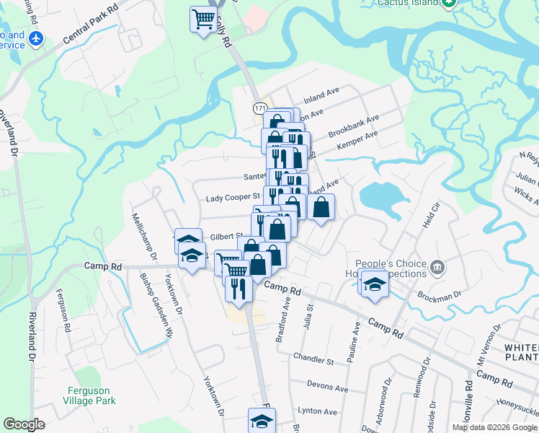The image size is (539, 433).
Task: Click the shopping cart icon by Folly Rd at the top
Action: [x=204, y=18]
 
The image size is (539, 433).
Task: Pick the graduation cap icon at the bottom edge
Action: [x=262, y=421]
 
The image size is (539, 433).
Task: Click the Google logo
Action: [x=24, y=424]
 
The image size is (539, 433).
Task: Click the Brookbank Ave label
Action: [x=353, y=127]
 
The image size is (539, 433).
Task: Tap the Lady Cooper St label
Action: [x=232, y=197]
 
